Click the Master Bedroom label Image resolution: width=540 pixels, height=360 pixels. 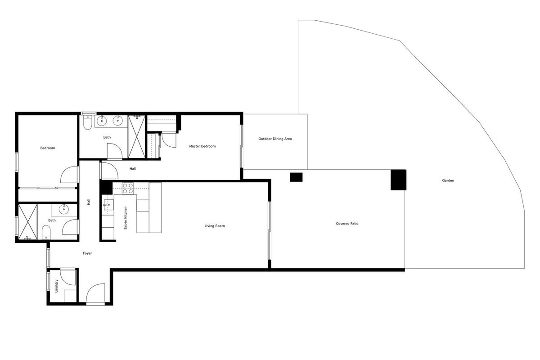[202, 146]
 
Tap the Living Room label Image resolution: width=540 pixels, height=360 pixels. [215, 226]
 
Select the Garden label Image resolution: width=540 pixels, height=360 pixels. [448, 180]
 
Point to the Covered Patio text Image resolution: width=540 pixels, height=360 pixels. [347, 224]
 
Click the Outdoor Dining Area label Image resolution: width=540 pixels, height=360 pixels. [275, 139]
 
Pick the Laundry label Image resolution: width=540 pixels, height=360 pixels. [56, 286]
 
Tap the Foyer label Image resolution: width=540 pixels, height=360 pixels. [87, 253]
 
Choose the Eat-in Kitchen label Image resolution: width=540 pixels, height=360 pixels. [126, 218]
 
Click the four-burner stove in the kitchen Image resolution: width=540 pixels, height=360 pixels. [128, 188]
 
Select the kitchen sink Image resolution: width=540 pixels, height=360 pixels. [108, 205]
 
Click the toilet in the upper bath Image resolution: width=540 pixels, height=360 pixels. [87, 122]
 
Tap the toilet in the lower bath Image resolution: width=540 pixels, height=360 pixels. [46, 232]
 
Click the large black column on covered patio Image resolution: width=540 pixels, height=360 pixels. [399, 180]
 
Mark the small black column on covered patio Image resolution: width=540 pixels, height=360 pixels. [296, 177]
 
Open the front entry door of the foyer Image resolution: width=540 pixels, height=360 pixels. [95, 293]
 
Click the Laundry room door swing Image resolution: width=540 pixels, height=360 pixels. [68, 277]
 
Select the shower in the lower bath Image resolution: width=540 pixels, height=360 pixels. [28, 222]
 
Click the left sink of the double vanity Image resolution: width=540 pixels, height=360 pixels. [102, 121]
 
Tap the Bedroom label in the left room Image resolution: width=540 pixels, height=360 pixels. [48, 148]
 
